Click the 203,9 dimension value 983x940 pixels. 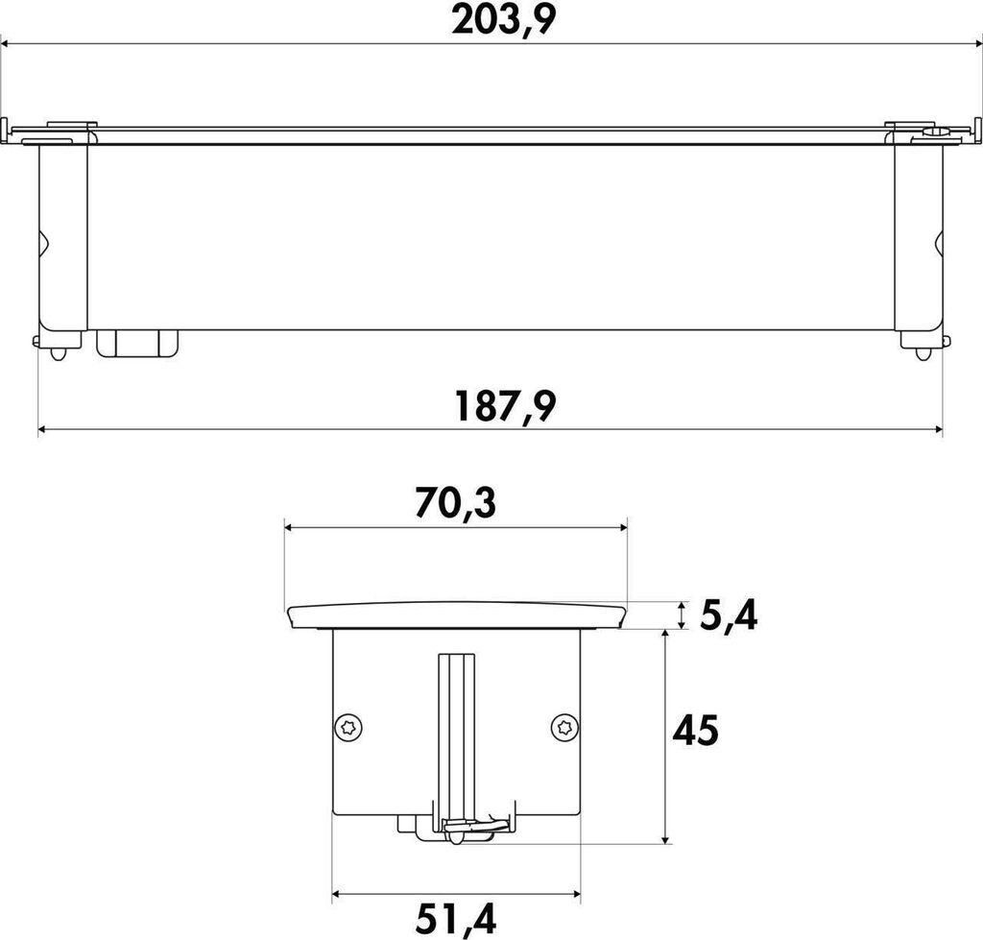point(503,20)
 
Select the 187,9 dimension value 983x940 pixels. point(505,406)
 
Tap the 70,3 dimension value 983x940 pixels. point(456,503)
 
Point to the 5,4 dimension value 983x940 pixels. point(728,615)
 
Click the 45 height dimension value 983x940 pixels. point(695,730)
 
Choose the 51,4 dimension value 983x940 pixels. point(456,919)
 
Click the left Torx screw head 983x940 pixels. point(348,728)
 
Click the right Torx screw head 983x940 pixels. point(564,728)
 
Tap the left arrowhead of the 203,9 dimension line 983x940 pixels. point(5,44)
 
